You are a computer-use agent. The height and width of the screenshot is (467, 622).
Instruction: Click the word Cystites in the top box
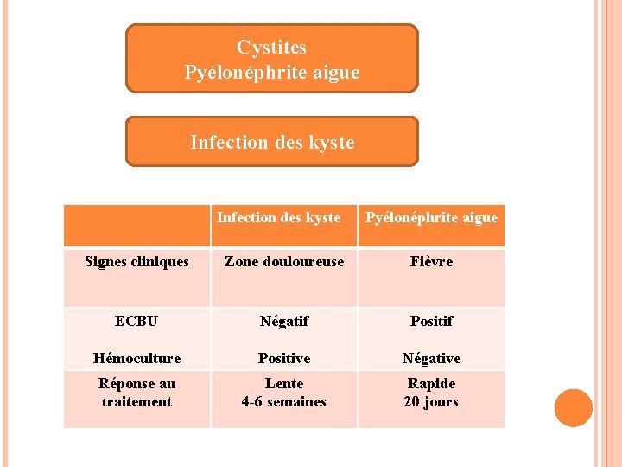(271, 48)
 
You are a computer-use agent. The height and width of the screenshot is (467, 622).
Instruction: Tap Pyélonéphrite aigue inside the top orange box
(271, 73)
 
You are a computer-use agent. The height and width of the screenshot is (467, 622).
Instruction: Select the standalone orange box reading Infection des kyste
(271, 142)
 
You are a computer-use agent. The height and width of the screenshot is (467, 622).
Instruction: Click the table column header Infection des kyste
(278, 218)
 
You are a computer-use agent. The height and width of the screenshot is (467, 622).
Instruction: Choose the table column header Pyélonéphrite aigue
(431, 218)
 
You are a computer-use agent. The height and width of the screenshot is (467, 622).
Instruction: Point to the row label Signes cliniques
(136, 262)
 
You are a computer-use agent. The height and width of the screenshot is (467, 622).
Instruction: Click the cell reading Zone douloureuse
(283, 262)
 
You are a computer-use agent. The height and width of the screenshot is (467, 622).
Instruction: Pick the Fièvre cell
(431, 262)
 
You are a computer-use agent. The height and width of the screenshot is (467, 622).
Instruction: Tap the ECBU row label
(136, 321)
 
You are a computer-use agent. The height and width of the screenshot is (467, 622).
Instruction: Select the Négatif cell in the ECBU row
(283, 321)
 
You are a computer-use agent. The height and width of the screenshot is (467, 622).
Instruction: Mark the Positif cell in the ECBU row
(431, 321)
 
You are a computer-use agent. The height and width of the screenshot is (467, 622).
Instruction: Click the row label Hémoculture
(136, 358)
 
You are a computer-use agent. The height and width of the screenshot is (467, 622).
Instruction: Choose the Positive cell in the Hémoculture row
(283, 358)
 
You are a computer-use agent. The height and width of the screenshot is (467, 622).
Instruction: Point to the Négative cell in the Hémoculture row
(431, 358)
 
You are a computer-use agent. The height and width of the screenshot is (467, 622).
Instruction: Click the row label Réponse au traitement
(136, 393)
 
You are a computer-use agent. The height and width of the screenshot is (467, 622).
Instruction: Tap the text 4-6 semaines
(283, 402)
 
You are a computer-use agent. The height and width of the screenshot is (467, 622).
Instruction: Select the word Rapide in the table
(431, 383)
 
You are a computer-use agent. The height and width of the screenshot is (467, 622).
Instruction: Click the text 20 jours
(431, 402)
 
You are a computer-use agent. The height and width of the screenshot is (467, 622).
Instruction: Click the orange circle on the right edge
(574, 408)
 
